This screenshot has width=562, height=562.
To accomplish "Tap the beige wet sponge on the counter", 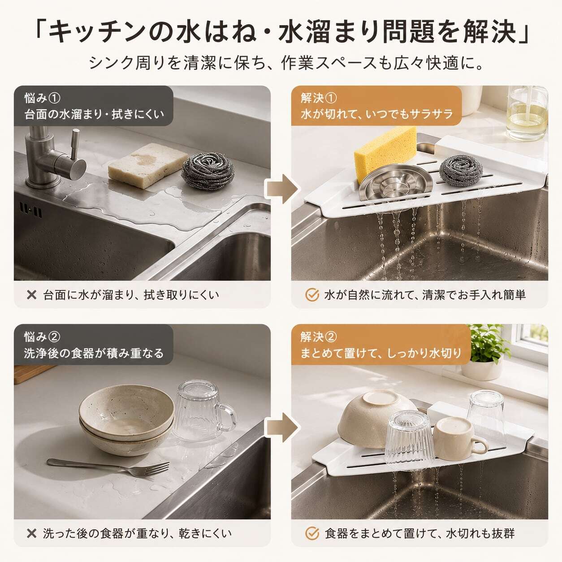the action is coord(147,165).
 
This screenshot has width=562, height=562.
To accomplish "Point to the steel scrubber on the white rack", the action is coord(461,171).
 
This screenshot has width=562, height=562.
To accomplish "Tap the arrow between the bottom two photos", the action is coord(282,428).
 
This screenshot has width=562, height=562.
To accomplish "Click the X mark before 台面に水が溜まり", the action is coord(31,295).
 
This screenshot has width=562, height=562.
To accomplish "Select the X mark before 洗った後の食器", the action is coord(31,534).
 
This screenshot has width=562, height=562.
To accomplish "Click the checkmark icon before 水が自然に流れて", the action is coord(312,295).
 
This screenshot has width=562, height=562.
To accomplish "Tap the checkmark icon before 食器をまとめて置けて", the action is coord(312,534).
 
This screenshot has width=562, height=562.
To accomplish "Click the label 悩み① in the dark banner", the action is coord(42,98).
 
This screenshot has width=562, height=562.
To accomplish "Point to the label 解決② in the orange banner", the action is coord(319,337).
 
